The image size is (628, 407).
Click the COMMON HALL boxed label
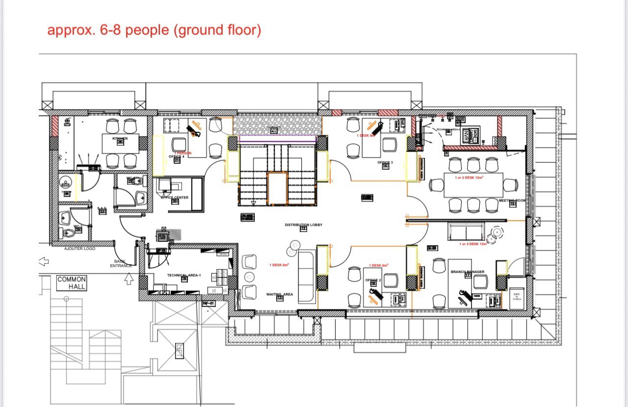tap(72, 283)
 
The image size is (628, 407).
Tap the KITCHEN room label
tap(120, 139)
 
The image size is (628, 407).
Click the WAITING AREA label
tap(280, 294)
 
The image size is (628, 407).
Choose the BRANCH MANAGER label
tap(467, 272)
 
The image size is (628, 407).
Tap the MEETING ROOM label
tap(512, 201)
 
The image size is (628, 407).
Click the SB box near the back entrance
tap(163, 237)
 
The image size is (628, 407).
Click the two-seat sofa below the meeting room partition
tap(466, 231)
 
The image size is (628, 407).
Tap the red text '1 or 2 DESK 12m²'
tap(470, 178)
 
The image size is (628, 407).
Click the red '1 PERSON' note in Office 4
tap(183, 153)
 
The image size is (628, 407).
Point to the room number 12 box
tap(303, 229)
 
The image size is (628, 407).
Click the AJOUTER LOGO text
tap(80, 249)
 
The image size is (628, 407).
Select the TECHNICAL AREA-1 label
tap(184, 275)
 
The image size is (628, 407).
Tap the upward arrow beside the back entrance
tap(129, 279)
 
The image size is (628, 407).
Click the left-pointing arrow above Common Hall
tap(43, 261)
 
